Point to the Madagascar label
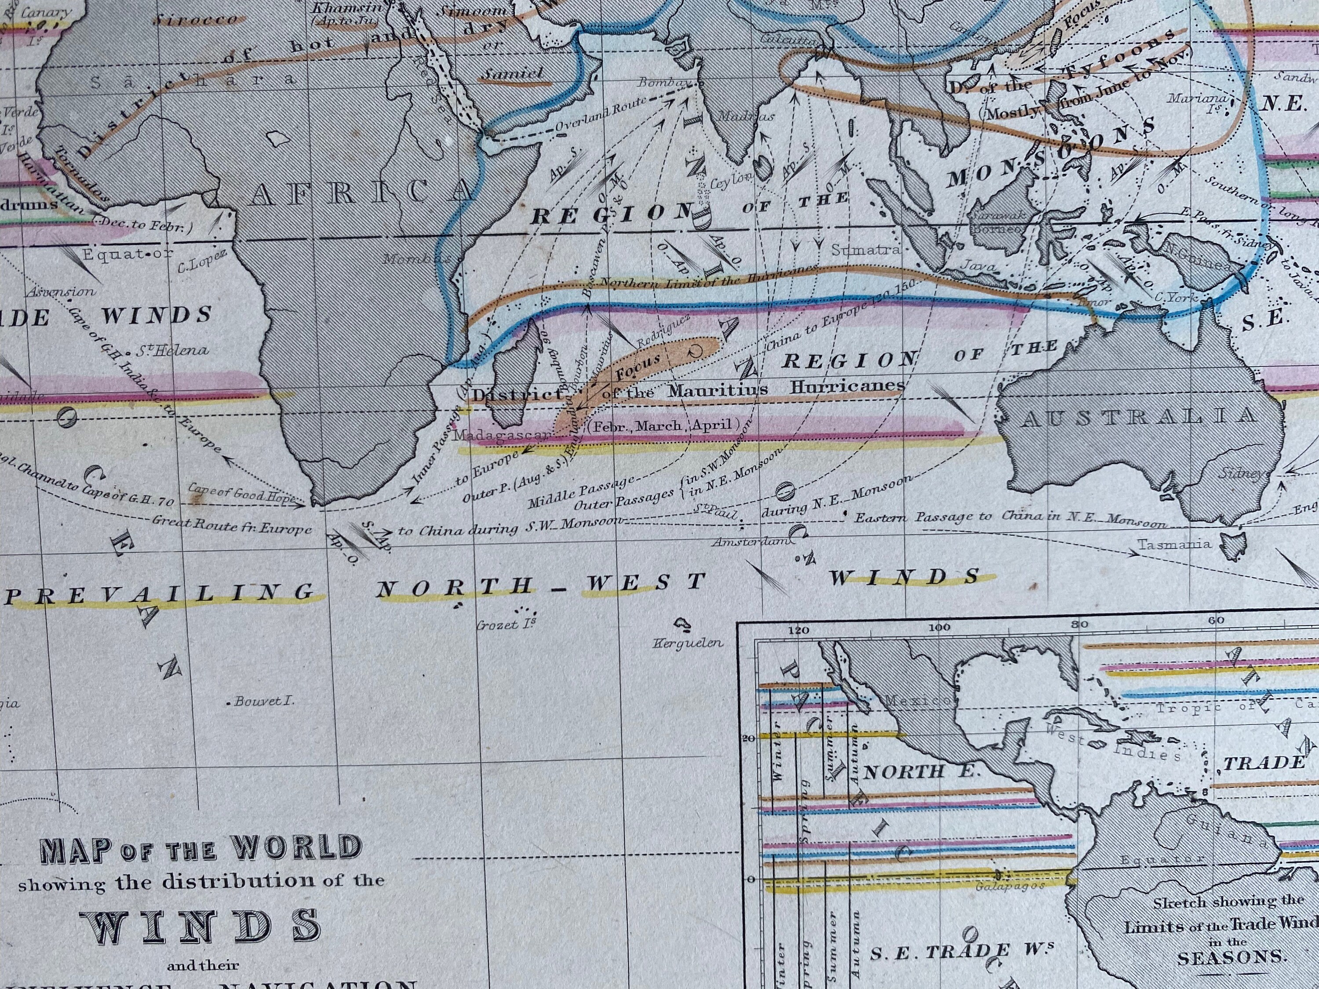502,436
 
